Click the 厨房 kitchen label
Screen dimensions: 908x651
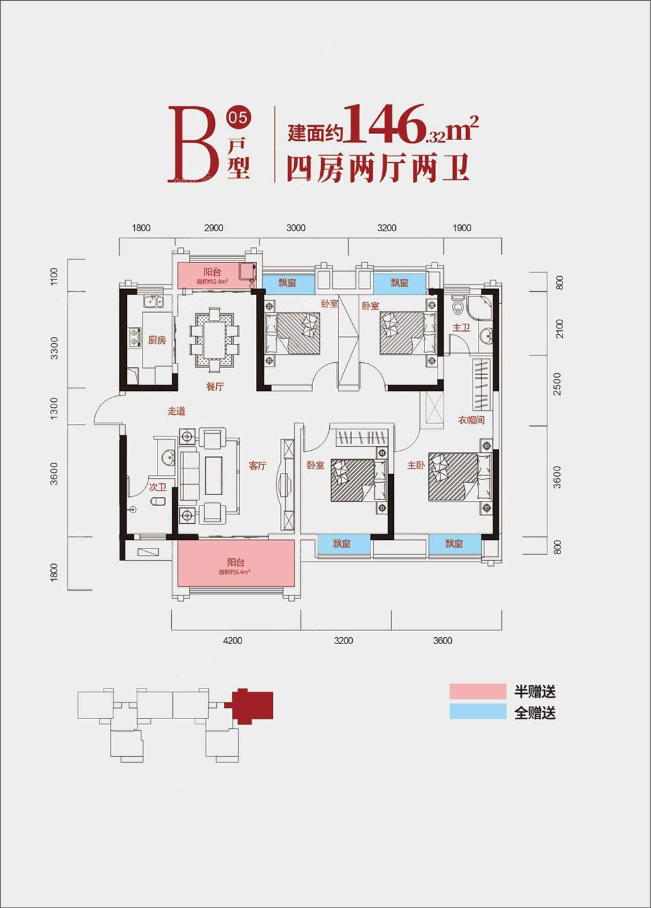(157, 340)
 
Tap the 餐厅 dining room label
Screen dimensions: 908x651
(215, 386)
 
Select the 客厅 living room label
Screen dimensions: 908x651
(258, 466)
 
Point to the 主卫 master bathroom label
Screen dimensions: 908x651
(461, 327)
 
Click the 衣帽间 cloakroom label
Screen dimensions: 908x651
(471, 420)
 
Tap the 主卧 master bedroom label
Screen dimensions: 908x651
(416, 466)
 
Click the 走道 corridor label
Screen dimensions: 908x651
(176, 411)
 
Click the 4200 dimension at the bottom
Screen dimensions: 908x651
(232, 641)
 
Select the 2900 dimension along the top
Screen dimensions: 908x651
(214, 228)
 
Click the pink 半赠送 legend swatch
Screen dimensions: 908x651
(477, 691)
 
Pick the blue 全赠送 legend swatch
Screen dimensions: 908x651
(477, 712)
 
